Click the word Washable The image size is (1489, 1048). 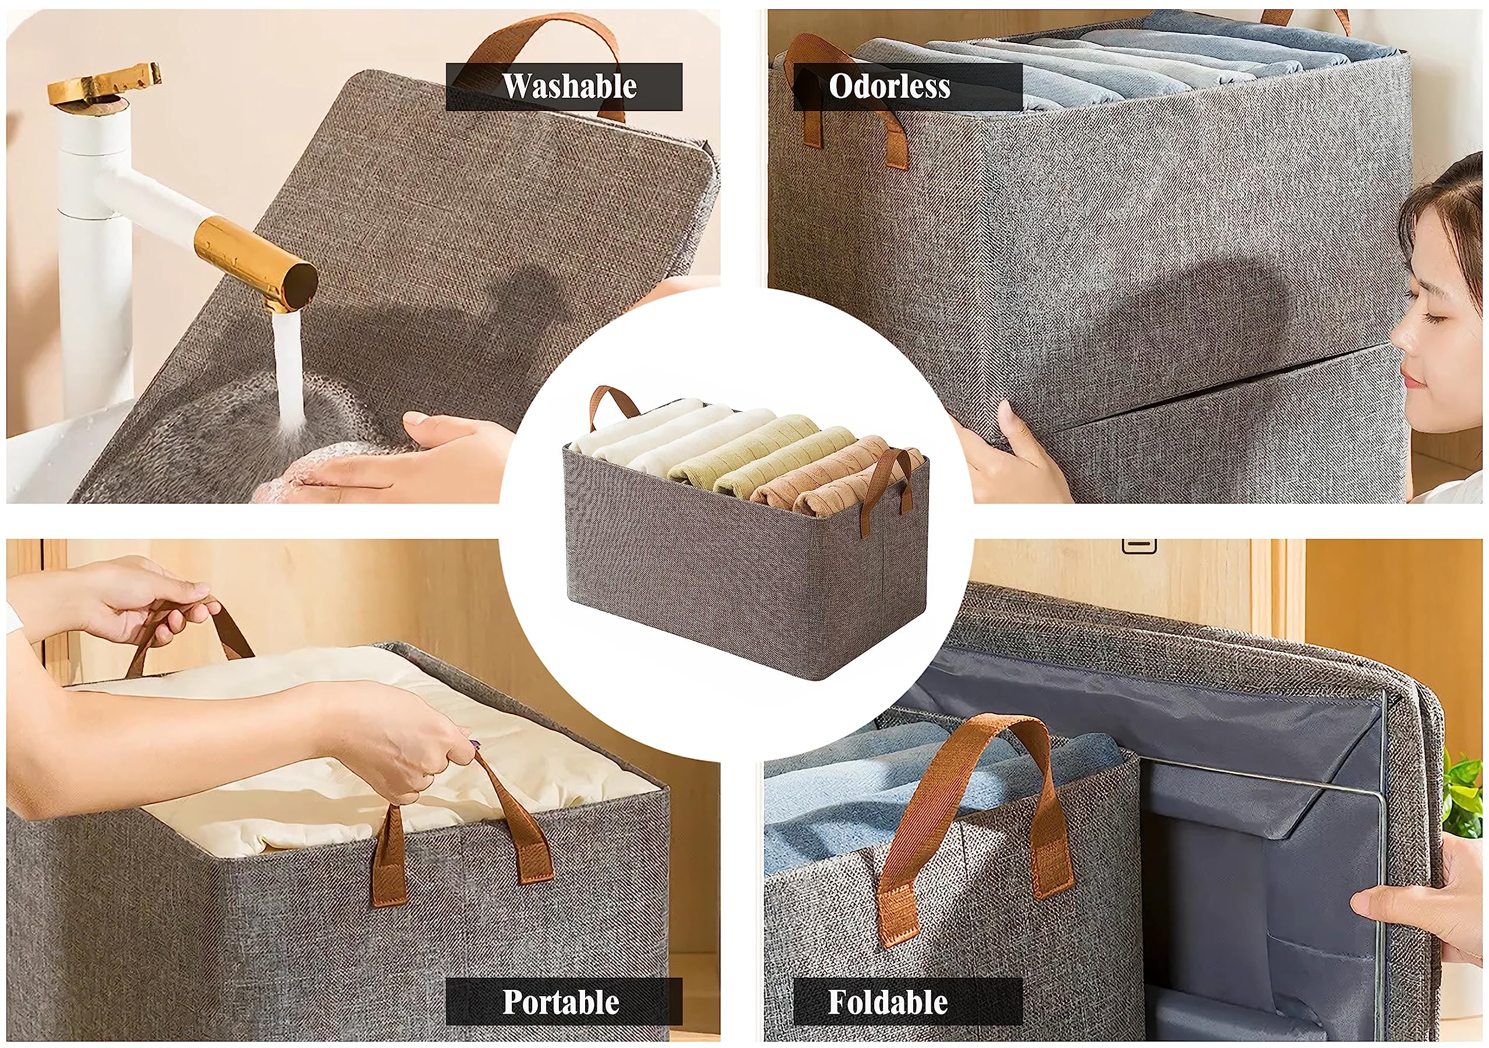(569, 86)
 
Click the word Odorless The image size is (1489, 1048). (889, 86)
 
